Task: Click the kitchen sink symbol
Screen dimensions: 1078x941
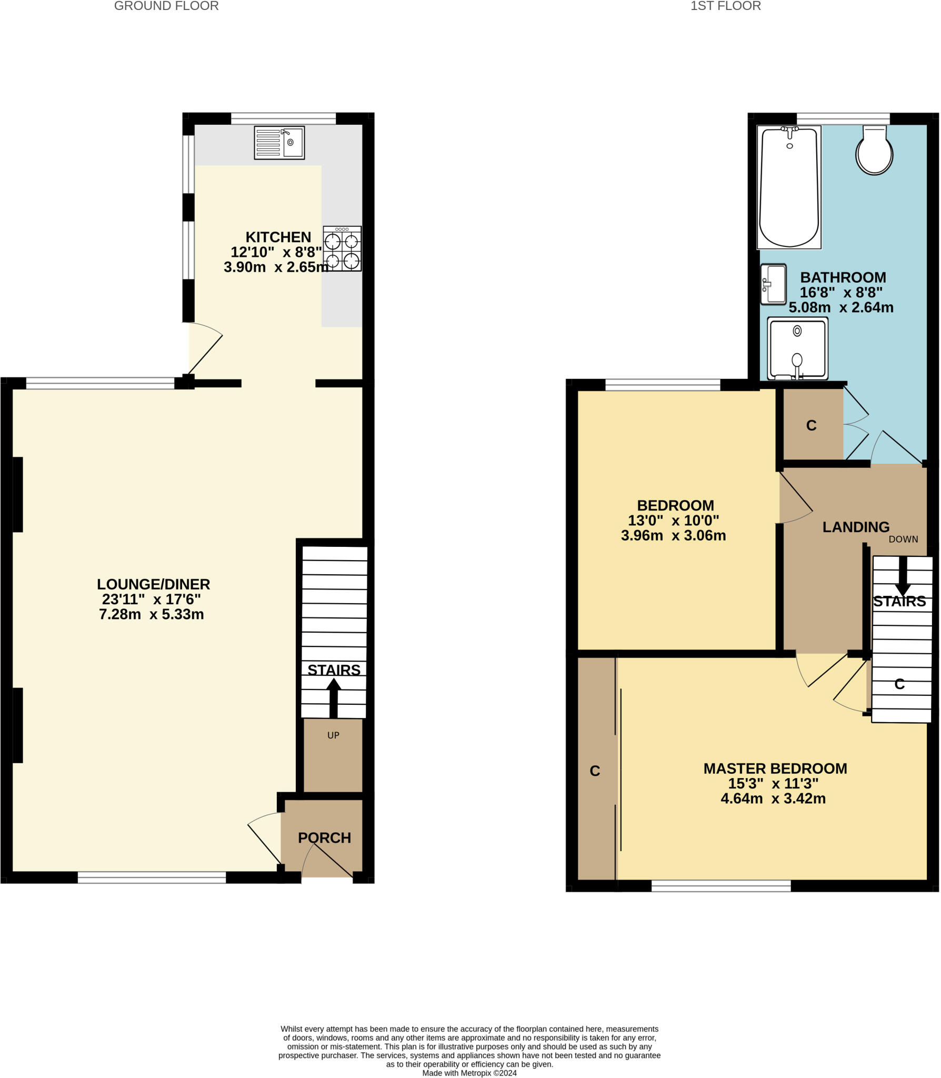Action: click(x=279, y=143)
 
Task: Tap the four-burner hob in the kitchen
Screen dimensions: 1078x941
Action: click(x=342, y=249)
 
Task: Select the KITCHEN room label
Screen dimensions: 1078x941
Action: click(x=278, y=237)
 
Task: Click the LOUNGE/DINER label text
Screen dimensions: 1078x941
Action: click(x=153, y=584)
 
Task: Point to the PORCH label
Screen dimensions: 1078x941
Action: click(x=324, y=838)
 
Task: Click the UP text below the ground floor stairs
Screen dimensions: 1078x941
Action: click(x=333, y=735)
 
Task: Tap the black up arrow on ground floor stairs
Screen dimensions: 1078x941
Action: click(x=333, y=697)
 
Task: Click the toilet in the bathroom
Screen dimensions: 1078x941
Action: click(x=874, y=151)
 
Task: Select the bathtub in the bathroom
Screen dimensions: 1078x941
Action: click(x=789, y=187)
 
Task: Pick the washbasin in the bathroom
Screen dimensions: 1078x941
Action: click(x=773, y=284)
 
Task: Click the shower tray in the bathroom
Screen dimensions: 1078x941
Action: click(x=797, y=348)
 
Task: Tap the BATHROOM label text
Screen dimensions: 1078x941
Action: click(x=843, y=277)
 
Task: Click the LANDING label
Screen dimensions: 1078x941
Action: click(x=856, y=527)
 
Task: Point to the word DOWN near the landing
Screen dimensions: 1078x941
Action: click(x=903, y=540)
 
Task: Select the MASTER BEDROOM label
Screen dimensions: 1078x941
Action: click(x=775, y=768)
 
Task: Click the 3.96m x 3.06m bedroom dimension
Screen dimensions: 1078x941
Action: click(x=673, y=536)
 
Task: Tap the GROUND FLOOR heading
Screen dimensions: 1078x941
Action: click(x=166, y=6)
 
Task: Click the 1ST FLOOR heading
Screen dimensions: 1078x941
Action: click(x=725, y=6)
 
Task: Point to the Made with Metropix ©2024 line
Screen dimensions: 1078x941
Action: click(x=469, y=1073)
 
